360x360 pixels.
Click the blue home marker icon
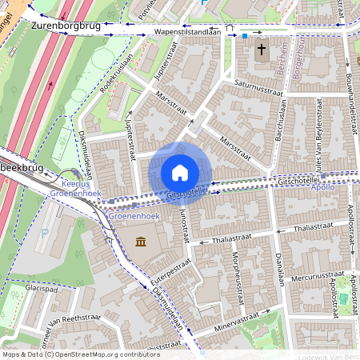click(x=180, y=173)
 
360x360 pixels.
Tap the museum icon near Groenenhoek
click(x=141, y=242)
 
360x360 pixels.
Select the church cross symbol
click(x=262, y=51)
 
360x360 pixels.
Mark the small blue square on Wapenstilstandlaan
click(x=245, y=35)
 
